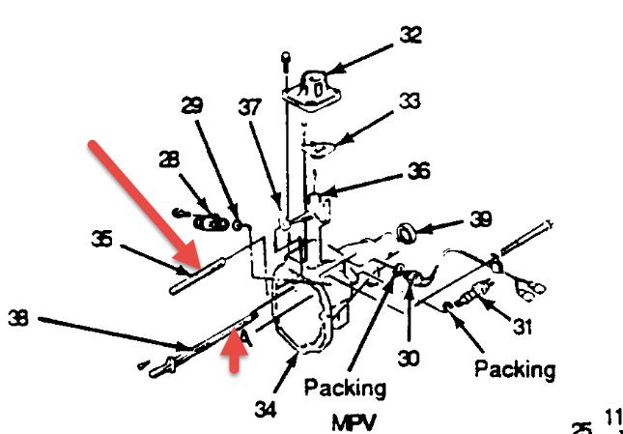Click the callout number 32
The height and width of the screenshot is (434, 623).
tap(411, 35)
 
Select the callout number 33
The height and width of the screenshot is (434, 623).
tap(411, 101)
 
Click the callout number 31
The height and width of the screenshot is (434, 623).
tap(523, 328)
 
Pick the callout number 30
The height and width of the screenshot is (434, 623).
tap(411, 357)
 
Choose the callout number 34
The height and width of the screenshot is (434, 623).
tap(264, 410)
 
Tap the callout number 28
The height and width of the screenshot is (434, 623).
tap(171, 158)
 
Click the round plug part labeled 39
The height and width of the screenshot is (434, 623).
tap(407, 233)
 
